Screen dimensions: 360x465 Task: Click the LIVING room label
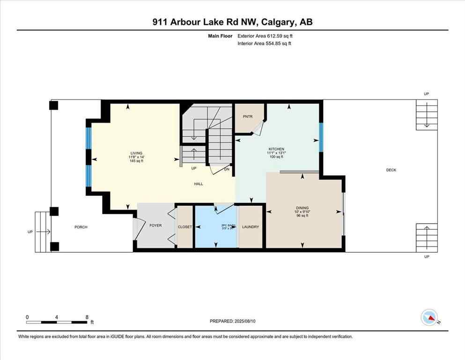[136, 153]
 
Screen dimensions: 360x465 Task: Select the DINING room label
[302, 208]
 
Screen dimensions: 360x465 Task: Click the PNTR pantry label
[248, 117]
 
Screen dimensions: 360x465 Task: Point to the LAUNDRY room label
[251, 227]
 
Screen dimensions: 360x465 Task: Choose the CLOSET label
[185, 227]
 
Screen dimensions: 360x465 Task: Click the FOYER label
[155, 225]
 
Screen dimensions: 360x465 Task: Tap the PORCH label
[81, 227]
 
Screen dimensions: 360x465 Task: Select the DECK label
[391, 170]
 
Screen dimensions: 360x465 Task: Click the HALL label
[199, 184]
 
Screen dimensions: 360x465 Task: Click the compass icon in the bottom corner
[430, 318]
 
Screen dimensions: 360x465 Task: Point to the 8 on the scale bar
[87, 317]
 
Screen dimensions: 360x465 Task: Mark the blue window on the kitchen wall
[321, 137]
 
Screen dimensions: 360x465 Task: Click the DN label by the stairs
[227, 169]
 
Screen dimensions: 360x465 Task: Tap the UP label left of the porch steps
[30, 232]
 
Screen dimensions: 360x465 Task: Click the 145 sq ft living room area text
[136, 161]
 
